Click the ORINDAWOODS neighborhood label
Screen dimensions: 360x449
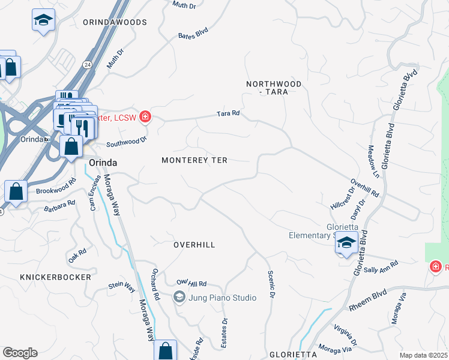pyautogui.click(x=115, y=22)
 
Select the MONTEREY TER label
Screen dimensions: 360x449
pyautogui.click(x=194, y=160)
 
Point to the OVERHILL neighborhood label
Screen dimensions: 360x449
pyautogui.click(x=194, y=245)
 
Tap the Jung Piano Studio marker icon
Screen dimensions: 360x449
pyautogui.click(x=179, y=297)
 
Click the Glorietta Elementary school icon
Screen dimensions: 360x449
pyautogui.click(x=346, y=243)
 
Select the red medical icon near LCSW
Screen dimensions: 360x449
pyautogui.click(x=144, y=116)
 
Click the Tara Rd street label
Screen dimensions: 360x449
pyautogui.click(x=228, y=113)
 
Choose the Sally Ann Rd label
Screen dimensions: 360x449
pyautogui.click(x=381, y=267)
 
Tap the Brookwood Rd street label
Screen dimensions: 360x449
pyautogui.click(x=56, y=186)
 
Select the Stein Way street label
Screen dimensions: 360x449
pyautogui.click(x=122, y=287)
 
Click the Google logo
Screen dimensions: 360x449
pyautogui.click(x=20, y=353)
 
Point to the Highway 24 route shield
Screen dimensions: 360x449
pyautogui.click(x=87, y=64)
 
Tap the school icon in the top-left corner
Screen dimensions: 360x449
pyautogui.click(x=43, y=20)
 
